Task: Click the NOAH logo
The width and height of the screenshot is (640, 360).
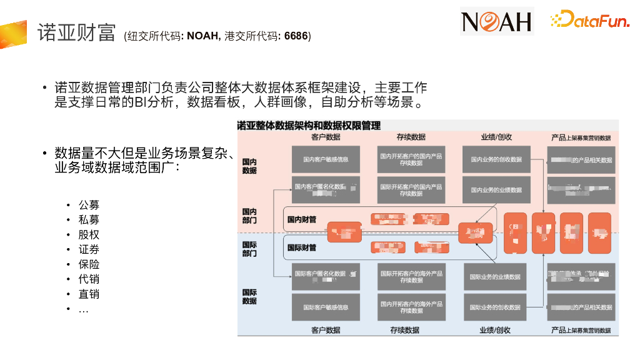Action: pyautogui.click(x=497, y=21)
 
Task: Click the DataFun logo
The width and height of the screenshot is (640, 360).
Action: pyautogui.click(x=589, y=21)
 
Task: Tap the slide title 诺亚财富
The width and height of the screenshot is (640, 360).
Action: pyautogui.click(x=76, y=32)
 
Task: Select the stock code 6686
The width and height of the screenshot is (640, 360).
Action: pyautogui.click(x=296, y=36)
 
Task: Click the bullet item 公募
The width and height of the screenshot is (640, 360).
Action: pyautogui.click(x=89, y=205)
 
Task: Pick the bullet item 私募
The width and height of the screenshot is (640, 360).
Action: pyautogui.click(x=89, y=220)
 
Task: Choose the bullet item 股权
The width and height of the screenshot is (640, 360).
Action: pyautogui.click(x=89, y=235)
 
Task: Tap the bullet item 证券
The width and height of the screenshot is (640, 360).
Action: pyautogui.click(x=89, y=250)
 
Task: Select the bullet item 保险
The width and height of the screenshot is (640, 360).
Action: pyautogui.click(x=89, y=264)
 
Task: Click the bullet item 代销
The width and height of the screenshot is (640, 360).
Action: pyautogui.click(x=89, y=279)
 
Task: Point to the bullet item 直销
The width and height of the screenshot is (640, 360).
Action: pyautogui.click(x=89, y=294)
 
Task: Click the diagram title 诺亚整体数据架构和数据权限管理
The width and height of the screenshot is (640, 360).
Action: pyautogui.click(x=309, y=126)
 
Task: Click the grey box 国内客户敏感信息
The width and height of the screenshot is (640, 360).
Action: pyautogui.click(x=326, y=160)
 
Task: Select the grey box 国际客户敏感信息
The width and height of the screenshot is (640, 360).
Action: pyautogui.click(x=326, y=307)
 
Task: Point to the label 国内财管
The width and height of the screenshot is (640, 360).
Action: pyautogui.click(x=302, y=219)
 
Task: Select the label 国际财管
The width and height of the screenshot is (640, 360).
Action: pyautogui.click(x=302, y=247)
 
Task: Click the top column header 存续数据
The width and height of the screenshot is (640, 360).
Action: pyautogui.click(x=411, y=137)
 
